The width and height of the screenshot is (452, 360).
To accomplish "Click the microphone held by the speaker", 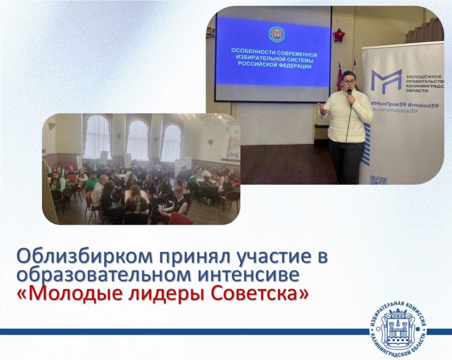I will point(350,94).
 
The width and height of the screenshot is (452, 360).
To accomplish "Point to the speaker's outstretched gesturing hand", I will point(322,108).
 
